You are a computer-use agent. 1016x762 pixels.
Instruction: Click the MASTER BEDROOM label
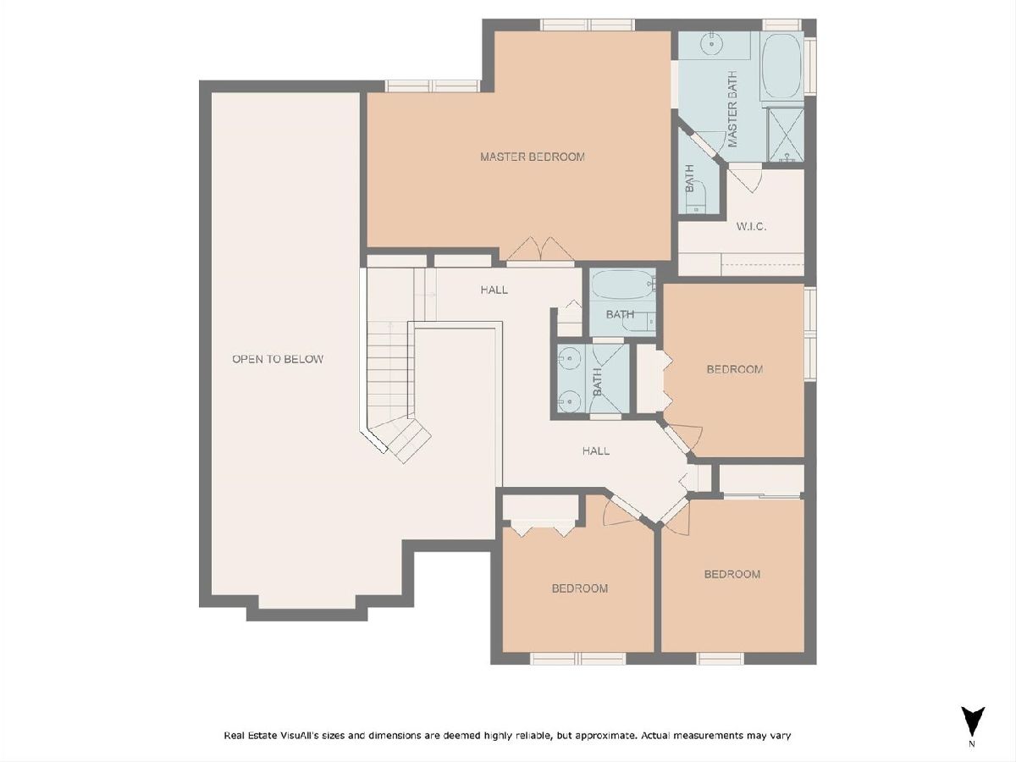[533, 157]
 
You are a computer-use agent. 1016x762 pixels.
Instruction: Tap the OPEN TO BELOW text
[278, 359]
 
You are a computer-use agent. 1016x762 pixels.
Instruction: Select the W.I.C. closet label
[751, 227]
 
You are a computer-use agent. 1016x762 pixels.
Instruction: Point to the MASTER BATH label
[732, 109]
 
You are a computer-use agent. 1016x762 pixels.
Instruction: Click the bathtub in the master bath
[781, 65]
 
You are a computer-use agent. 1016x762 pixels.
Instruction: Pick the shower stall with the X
[786, 135]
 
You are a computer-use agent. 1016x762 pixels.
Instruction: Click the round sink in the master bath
[710, 44]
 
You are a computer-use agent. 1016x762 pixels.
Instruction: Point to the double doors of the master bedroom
[541, 251]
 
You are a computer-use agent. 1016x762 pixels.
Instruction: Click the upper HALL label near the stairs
[494, 290]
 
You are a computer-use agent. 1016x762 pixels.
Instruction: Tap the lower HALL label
[596, 450]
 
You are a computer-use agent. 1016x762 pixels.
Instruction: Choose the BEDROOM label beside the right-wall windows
[735, 369]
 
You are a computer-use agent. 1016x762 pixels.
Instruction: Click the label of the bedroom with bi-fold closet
[579, 588]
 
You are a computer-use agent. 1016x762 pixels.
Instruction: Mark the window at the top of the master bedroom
[588, 25]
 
